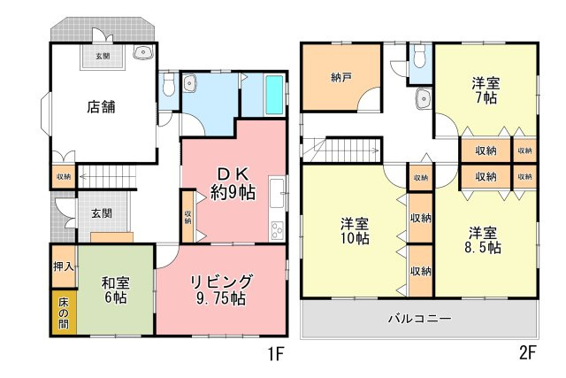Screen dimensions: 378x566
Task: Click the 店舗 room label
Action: point(102,107)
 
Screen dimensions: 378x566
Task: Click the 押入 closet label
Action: point(63,266)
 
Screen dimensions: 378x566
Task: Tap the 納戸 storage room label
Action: point(341,77)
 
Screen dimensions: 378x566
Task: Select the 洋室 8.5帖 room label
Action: point(483,240)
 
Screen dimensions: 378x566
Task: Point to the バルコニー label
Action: point(419,319)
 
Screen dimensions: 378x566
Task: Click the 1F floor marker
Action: point(276,355)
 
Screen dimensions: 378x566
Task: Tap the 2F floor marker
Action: point(527,353)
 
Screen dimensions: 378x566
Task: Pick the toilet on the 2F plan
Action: point(420,59)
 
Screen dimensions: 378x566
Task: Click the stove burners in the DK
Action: point(278,229)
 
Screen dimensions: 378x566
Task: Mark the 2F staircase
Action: point(340,148)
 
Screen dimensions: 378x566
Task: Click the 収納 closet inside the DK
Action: point(188,216)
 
